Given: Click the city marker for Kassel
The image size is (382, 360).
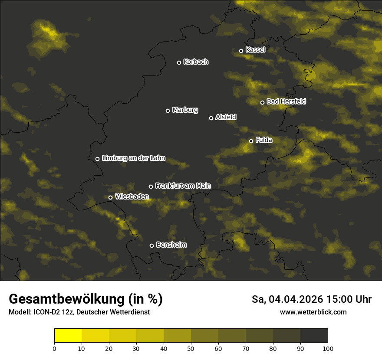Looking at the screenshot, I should [x=241, y=51].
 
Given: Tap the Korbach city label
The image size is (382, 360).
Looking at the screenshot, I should [x=196, y=62].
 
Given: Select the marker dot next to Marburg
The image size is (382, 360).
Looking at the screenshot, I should [x=168, y=111].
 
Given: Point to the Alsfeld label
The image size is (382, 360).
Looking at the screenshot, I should [x=226, y=117].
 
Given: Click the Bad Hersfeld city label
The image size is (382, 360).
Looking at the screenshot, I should [x=286, y=101].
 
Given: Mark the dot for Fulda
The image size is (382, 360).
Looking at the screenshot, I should [x=251, y=141].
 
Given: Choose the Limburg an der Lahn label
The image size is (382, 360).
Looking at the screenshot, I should [x=133, y=158].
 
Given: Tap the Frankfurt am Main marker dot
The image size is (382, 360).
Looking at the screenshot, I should [x=151, y=187].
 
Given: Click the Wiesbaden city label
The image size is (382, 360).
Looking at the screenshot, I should [x=132, y=197].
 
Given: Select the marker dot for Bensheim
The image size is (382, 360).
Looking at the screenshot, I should [x=151, y=245].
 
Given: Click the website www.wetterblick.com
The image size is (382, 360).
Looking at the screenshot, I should [x=313, y=312].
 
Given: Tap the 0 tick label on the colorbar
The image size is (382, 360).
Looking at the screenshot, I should [x=54, y=348].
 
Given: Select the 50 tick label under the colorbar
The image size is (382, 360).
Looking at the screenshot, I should [x=191, y=348].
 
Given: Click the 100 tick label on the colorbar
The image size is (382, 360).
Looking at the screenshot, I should [x=328, y=348].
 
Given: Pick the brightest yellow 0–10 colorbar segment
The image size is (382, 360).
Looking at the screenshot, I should [x=68, y=336].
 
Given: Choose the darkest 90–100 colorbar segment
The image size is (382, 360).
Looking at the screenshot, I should [x=314, y=336].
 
